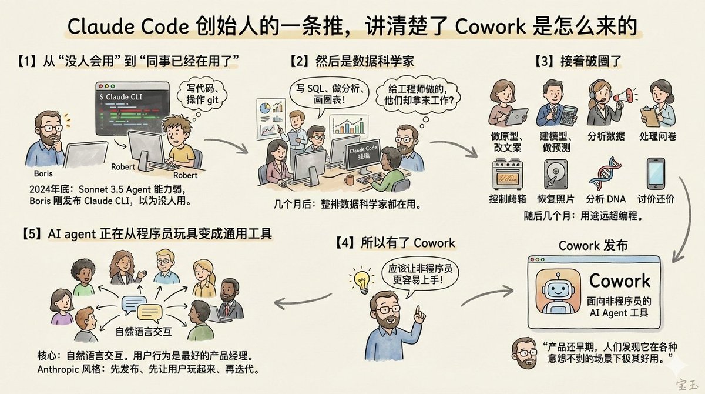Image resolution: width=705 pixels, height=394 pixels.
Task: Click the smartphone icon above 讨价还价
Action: click(x=656, y=173)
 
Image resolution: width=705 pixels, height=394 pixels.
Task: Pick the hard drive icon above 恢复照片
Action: click(x=555, y=173)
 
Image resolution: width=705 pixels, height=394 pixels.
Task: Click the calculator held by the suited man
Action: click(x=568, y=115)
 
